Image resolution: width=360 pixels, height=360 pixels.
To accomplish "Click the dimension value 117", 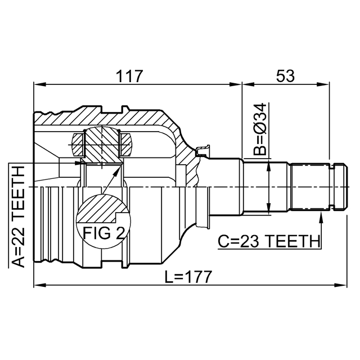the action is (x=129, y=76).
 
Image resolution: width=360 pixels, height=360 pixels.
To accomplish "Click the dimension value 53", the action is (x=285, y=76).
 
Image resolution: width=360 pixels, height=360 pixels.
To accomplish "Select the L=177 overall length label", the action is (x=188, y=277).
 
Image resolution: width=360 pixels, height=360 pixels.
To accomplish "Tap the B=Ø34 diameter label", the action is (x=260, y=129).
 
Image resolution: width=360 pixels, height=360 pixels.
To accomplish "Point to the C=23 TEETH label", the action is (x=269, y=241).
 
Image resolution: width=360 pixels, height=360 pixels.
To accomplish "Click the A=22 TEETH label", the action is (x=17, y=217).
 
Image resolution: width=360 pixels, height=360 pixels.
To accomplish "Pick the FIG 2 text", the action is (x=103, y=233).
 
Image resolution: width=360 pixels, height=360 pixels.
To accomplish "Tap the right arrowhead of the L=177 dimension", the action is (x=341, y=285).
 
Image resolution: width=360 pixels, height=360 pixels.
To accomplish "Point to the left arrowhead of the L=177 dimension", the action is (x=40, y=285).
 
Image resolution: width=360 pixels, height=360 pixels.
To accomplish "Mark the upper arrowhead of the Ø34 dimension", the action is (x=269, y=168).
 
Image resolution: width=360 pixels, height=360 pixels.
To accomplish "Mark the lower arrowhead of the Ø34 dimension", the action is (x=269, y=209).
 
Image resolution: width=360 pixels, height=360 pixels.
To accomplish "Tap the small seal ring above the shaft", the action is (x=202, y=150).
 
